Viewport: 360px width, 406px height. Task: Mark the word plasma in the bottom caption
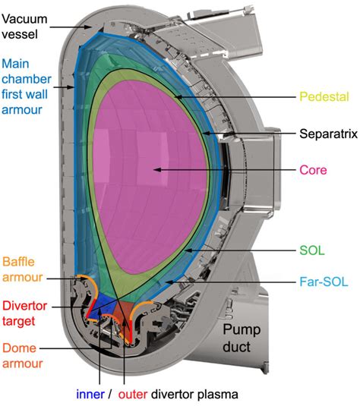(215, 395)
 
